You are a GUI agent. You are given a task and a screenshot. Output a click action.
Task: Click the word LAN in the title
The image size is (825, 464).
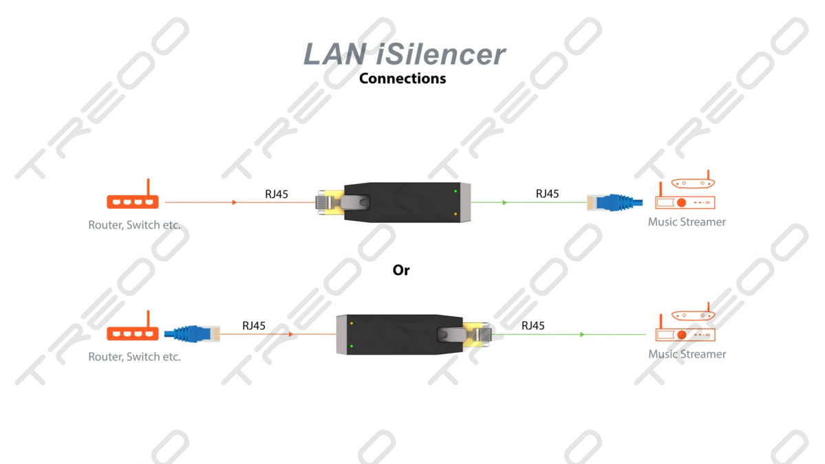pyautogui.click(x=335, y=54)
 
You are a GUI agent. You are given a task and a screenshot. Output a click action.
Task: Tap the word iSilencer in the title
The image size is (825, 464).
pyautogui.click(x=442, y=54)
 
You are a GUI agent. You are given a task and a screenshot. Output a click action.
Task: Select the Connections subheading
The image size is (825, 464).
pyautogui.click(x=403, y=78)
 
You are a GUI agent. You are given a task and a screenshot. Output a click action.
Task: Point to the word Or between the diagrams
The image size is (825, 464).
pyautogui.click(x=401, y=270)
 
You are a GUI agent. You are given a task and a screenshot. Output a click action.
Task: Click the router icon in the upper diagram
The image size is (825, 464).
pyautogui.click(x=133, y=194)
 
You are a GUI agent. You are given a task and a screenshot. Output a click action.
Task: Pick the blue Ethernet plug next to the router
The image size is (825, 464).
pyautogui.click(x=192, y=333)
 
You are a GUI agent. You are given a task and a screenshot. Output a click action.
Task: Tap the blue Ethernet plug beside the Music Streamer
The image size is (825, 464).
pyautogui.click(x=614, y=202)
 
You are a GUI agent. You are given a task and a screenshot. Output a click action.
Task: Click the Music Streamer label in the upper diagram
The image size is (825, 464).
pyautogui.click(x=687, y=222)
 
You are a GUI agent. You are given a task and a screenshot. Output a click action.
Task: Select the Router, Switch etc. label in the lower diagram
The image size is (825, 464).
pyautogui.click(x=134, y=357)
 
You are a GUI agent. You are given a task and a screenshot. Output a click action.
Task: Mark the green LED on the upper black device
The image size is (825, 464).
pyautogui.click(x=456, y=191)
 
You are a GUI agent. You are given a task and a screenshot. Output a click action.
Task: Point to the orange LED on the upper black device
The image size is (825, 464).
pyautogui.click(x=456, y=214)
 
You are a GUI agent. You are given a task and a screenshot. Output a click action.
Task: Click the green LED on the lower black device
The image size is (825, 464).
pyautogui.click(x=352, y=346)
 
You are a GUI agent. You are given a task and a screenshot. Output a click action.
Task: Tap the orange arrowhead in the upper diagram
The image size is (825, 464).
pyautogui.click(x=234, y=202)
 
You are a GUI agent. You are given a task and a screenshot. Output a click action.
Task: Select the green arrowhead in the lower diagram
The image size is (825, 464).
pyautogui.click(x=582, y=334)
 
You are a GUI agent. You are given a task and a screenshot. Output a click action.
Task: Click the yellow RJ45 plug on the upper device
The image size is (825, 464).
pyautogui.click(x=330, y=202)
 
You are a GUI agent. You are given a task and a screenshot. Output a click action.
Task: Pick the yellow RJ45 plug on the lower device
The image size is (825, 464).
pyautogui.click(x=478, y=334)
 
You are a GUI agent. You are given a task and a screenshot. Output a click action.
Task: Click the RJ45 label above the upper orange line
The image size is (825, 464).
pyautogui.click(x=276, y=195)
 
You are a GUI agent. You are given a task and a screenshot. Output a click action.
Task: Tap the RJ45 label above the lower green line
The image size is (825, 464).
pyautogui.click(x=533, y=326)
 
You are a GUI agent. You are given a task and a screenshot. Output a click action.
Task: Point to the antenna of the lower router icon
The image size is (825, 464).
pyautogui.click(x=149, y=318)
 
